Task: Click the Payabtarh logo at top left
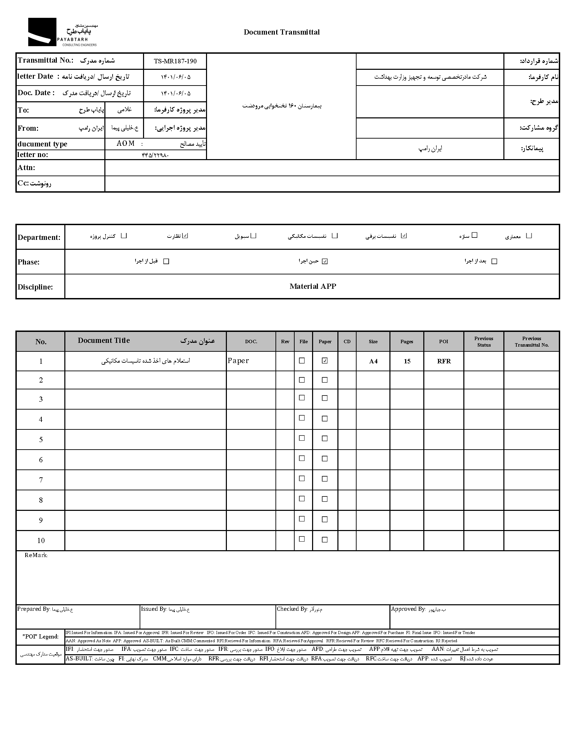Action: pyautogui.click(x=62, y=32)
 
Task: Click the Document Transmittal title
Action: pyautogui.click(x=281, y=32)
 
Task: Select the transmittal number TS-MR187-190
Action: pyautogui.click(x=175, y=61)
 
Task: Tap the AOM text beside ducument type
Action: pyautogui.click(x=126, y=143)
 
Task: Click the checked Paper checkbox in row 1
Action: pyautogui.click(x=324, y=360)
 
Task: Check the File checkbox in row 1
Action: pyautogui.click(x=302, y=360)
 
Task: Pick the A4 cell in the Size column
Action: pyautogui.click(x=373, y=361)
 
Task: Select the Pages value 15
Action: pyautogui.click(x=407, y=361)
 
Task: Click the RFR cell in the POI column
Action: pyautogui.click(x=443, y=361)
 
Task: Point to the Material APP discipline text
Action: pyautogui.click(x=312, y=286)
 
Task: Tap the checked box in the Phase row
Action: pyautogui.click(x=325, y=261)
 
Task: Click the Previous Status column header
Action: pyautogui.click(x=484, y=341)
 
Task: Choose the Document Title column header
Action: pyautogui.click(x=104, y=340)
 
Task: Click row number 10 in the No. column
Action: pyautogui.click(x=41, y=541)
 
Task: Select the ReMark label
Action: pyautogui.click(x=36, y=555)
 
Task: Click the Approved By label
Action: pyautogui.click(x=408, y=609)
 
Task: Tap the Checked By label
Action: pyautogui.click(x=292, y=609)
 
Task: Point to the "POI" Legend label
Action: pyautogui.click(x=40, y=636)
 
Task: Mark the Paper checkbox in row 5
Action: pyautogui.click(x=324, y=438)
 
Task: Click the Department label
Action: pyautogui.click(x=39, y=237)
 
